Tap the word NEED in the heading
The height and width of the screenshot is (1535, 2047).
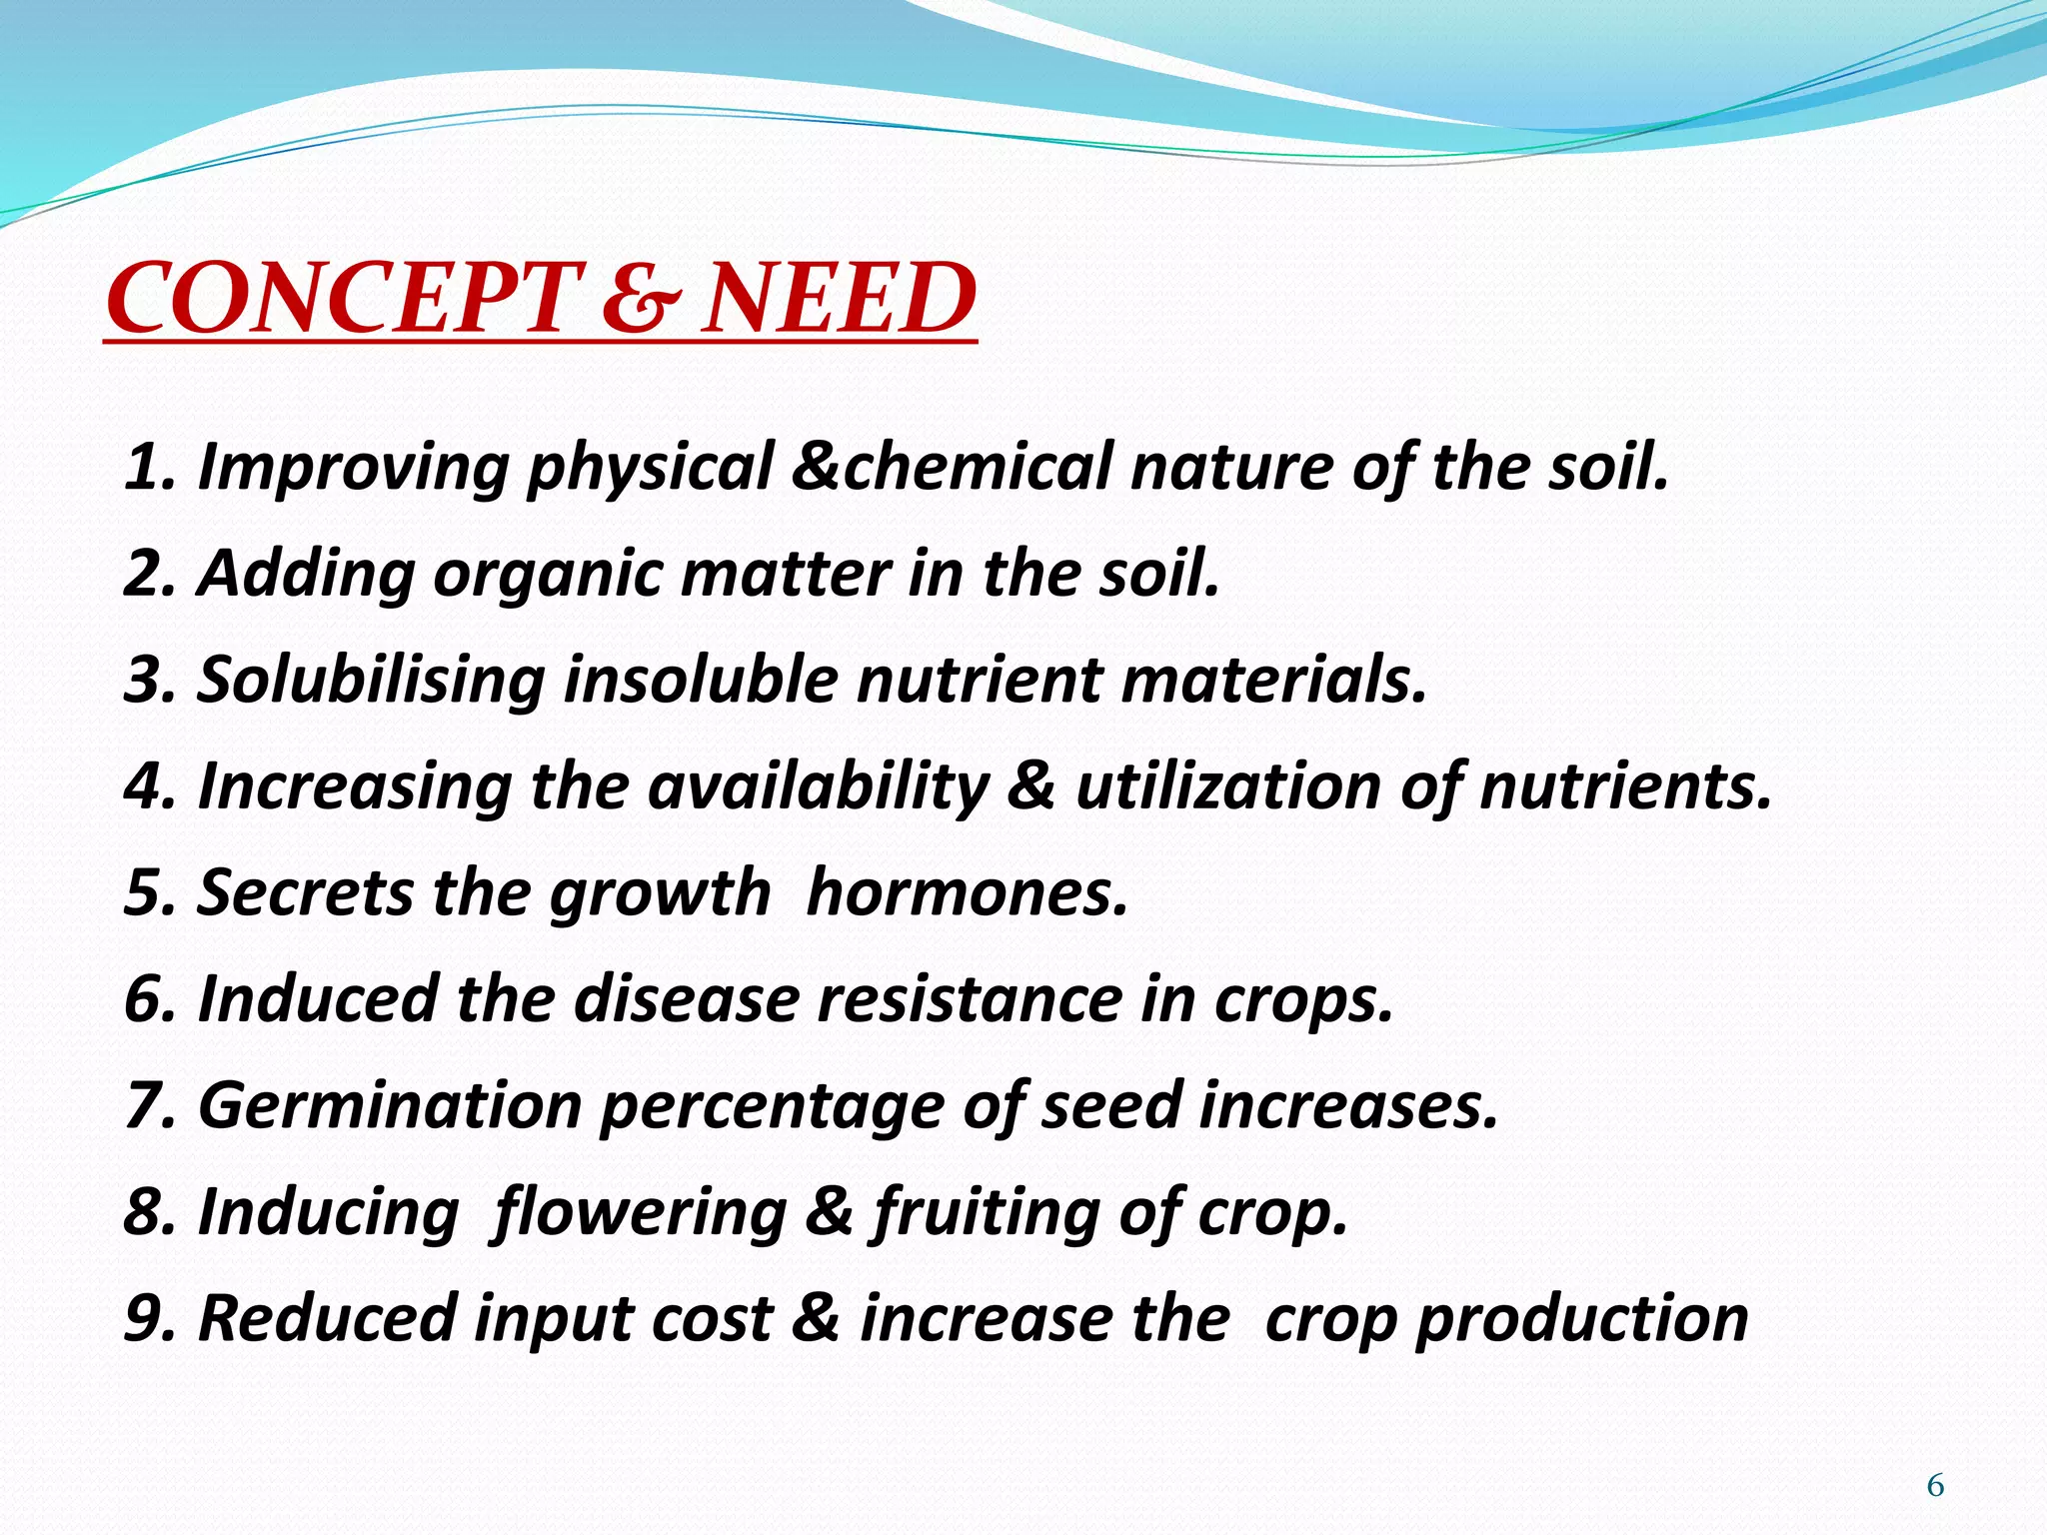pos(838,299)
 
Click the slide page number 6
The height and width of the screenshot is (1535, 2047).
pos(1935,1486)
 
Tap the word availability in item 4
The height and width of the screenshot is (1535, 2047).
pos(818,786)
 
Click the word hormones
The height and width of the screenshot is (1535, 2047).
pos(967,892)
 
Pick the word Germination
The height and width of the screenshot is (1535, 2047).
pos(390,1105)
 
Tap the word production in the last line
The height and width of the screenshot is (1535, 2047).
pos(1582,1319)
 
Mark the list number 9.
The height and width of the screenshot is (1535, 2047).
pos(144,1318)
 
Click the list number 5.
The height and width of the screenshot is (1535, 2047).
pos(144,892)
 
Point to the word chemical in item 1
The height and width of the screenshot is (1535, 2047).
pos(978,468)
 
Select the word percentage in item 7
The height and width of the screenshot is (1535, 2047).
pos(771,1107)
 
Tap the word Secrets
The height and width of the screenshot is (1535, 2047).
pos(305,892)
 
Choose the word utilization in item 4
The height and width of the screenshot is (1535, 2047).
pos(1227,786)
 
